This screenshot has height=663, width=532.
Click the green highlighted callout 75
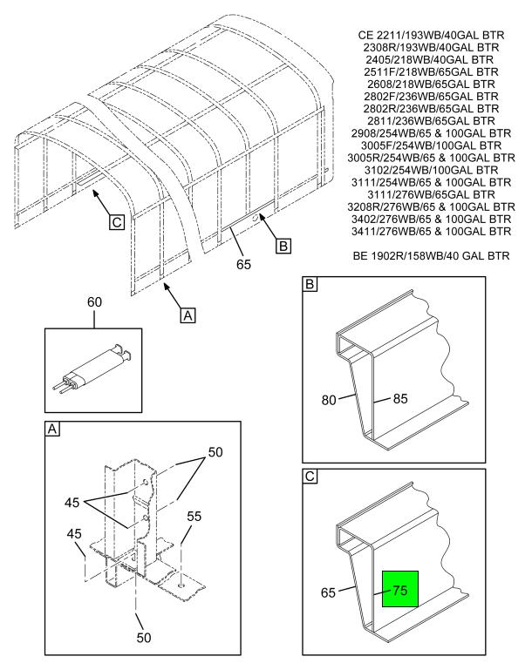pos(400,589)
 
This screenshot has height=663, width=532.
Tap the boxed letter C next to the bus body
pos(116,222)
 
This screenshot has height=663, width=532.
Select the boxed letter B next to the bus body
pos(283,246)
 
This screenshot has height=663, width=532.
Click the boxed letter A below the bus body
pos(188,315)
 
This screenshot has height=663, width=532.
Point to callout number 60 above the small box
pos(94,302)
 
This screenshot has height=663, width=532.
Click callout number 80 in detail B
pos(329,400)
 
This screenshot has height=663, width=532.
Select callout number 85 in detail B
pos(400,398)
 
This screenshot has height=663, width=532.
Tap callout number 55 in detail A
pos(194,516)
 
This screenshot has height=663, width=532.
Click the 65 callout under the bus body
pos(243,264)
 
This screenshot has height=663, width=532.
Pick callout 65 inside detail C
pos(328,592)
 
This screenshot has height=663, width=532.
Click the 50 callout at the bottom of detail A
pos(144,637)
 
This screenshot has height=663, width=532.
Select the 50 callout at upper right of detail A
pos(215,452)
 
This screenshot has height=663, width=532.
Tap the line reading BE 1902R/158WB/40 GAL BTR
pos(432,256)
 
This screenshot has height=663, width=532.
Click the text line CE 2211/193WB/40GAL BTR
pos(432,35)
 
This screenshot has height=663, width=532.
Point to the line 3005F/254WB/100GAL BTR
pos(432,145)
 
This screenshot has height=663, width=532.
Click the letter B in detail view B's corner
pos(310,284)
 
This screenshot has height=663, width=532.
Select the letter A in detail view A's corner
pos(52,429)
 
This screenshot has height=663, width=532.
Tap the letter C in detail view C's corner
pos(310,476)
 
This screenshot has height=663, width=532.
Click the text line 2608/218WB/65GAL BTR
pos(432,85)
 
